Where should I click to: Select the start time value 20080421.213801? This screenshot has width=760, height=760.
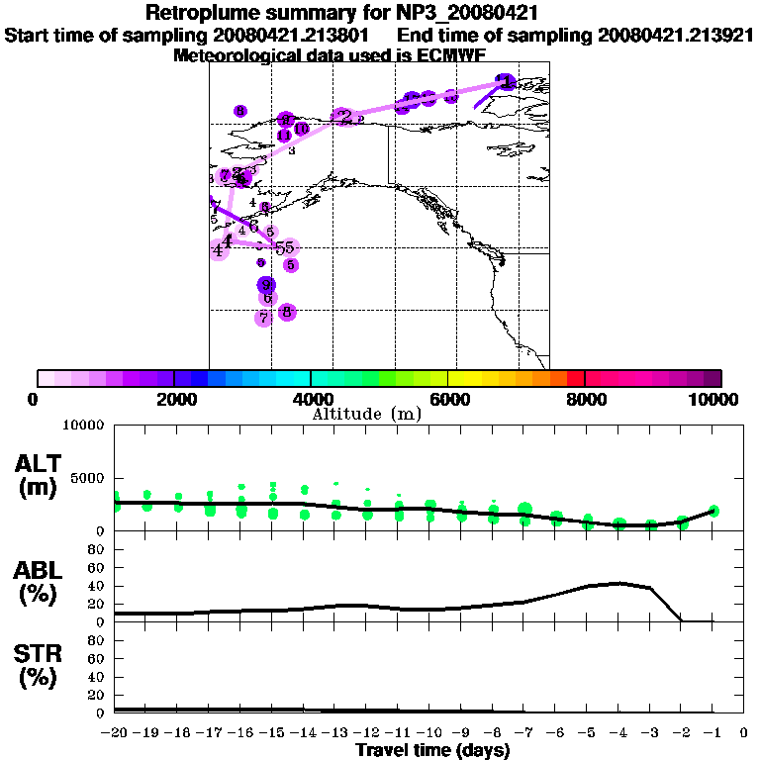pos(286,36)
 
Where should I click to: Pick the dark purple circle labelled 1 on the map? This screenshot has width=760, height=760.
pos(506,82)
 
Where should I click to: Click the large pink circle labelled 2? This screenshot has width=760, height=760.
pos(343,118)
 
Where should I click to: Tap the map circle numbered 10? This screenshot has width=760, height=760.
pos(301,129)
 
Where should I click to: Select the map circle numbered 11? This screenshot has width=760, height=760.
pos(284,136)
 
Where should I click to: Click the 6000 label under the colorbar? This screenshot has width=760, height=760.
pos(448,399)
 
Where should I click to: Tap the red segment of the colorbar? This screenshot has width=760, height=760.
pos(575,378)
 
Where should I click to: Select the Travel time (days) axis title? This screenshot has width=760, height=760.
pos(432,751)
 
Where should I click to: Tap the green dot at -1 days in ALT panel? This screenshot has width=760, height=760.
pos(713,511)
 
